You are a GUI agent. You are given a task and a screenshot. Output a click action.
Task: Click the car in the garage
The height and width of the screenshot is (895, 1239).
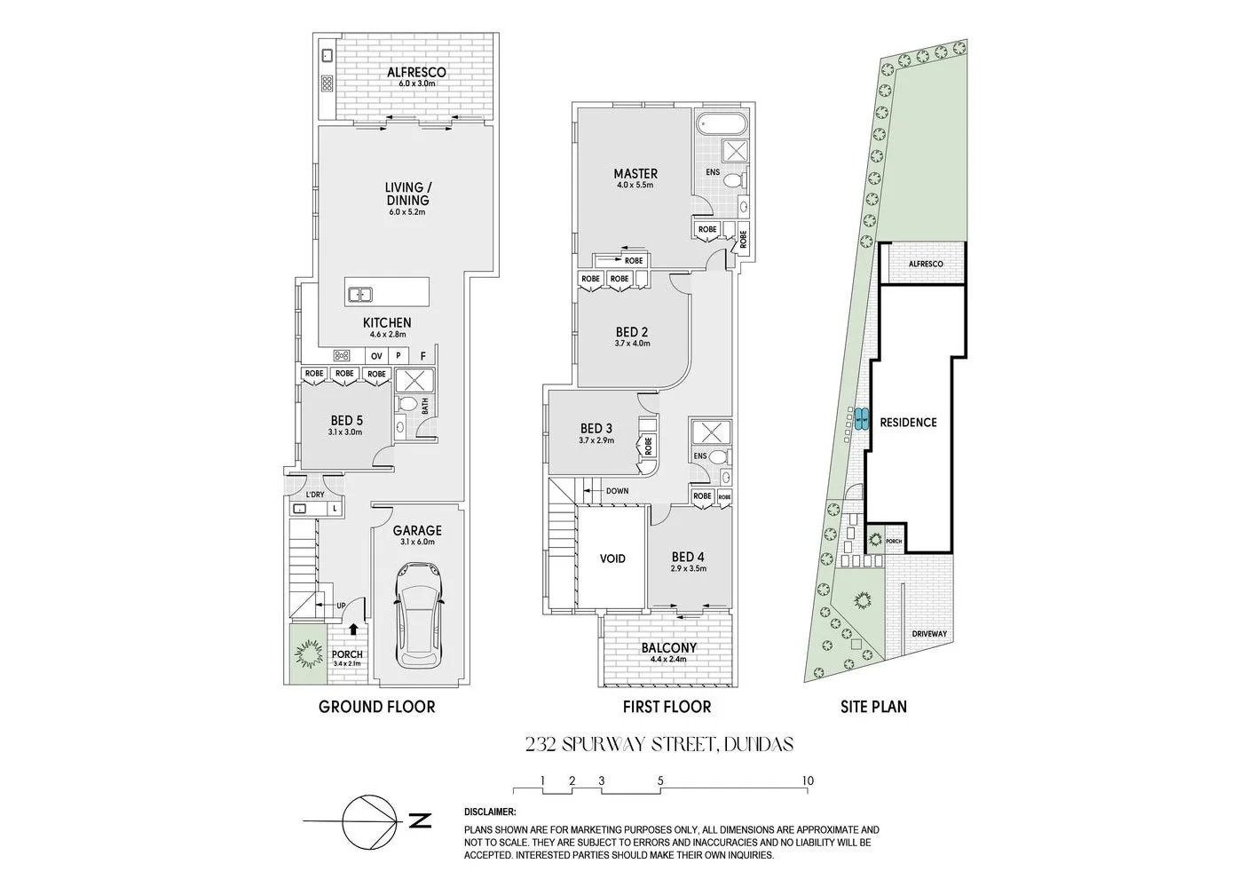[418, 614]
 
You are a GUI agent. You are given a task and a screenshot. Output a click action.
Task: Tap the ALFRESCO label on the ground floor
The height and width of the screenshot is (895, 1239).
[416, 73]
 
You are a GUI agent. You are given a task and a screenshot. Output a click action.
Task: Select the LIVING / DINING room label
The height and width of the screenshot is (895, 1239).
[407, 194]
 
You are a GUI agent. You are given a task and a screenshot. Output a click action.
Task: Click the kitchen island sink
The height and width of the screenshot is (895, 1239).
[360, 294]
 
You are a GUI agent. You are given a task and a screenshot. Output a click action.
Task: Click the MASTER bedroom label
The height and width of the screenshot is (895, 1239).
[635, 174]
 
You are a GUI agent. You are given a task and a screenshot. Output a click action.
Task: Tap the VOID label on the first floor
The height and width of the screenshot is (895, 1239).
[612, 558]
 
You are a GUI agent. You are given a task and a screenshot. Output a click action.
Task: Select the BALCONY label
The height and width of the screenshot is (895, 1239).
[668, 648]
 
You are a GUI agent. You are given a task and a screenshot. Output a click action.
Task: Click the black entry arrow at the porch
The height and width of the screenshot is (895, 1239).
[353, 629]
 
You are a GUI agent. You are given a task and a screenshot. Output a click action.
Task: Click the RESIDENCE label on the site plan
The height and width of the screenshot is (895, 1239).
[908, 423]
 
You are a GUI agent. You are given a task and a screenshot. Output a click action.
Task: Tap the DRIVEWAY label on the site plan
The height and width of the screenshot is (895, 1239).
[929, 634]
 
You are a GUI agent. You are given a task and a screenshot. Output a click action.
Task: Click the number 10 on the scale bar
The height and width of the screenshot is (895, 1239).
[807, 781]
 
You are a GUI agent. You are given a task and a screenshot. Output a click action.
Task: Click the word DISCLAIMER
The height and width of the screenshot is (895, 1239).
[490, 812]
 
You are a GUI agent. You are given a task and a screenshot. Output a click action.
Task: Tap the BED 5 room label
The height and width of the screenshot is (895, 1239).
[346, 421]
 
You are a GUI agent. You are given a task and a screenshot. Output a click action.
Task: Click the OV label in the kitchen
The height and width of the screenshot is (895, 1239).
[376, 356]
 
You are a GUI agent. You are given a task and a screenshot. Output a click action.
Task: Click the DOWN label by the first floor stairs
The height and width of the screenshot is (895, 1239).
[617, 491]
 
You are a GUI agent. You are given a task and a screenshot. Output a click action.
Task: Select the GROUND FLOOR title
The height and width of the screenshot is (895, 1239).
[376, 707]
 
